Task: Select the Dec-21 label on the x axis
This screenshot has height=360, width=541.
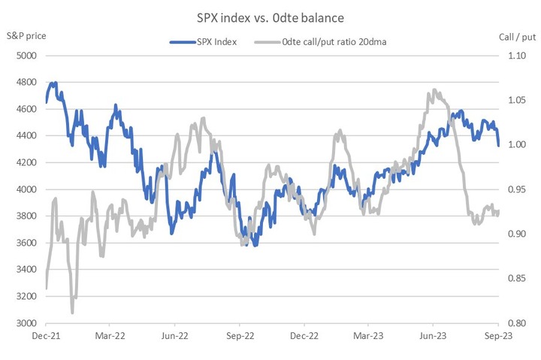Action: point(47,337)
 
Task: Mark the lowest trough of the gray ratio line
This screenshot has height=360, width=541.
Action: point(72,313)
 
